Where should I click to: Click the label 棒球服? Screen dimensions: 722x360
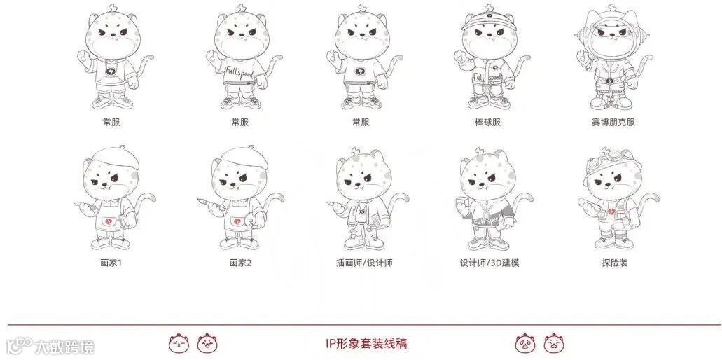(487, 123)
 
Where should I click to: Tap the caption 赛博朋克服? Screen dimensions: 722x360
(613, 123)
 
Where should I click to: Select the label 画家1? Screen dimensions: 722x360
(111, 263)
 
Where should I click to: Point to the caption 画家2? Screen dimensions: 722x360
(240, 263)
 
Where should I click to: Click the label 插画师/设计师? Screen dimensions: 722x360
(364, 263)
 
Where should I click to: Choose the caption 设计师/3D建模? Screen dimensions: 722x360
(490, 263)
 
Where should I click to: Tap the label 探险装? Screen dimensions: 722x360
(615, 263)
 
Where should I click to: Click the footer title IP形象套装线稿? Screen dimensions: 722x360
(366, 343)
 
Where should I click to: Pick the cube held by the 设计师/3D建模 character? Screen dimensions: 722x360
(461, 202)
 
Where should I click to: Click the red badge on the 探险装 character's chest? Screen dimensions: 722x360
(611, 212)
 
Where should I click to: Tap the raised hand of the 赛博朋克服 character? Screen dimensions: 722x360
(582, 57)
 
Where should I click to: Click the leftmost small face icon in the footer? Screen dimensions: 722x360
(179, 343)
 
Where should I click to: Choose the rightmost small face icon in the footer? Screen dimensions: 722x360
(554, 343)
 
